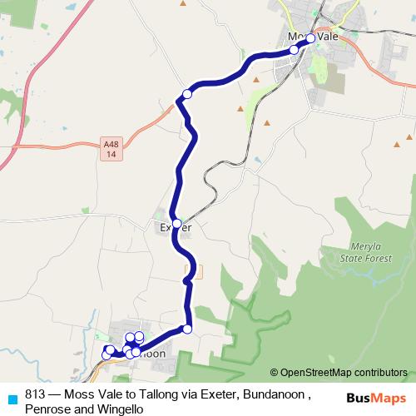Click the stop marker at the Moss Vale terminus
310,38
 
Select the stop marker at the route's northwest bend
187,95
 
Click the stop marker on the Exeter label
176,223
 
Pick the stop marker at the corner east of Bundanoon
187,329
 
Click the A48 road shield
111,149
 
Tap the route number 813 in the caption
36,394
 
